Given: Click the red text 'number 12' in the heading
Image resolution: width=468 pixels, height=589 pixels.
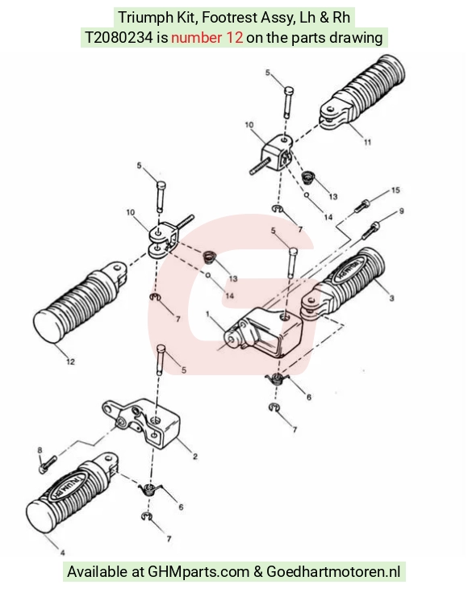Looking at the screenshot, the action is coord(207,38).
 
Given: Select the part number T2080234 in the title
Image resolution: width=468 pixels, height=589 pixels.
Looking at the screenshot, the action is coord(119,38).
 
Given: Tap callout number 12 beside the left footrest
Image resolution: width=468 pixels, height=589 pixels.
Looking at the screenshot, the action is coord(70,361).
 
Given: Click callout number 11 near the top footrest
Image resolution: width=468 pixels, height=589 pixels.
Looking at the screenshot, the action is coord(367,142).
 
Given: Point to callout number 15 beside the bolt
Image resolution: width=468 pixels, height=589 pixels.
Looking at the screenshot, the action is coord(395,190).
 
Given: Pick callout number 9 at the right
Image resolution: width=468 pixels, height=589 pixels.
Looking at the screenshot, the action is coord(402,211).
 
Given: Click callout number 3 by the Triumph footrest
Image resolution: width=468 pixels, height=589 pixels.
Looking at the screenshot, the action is coord(392,299).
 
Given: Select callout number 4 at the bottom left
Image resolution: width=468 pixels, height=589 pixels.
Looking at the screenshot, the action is coord(63,553).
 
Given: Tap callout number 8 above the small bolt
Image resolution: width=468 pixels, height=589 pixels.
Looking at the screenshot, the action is coord(40,450).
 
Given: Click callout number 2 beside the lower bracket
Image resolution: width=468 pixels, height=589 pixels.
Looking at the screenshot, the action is coord(195,457).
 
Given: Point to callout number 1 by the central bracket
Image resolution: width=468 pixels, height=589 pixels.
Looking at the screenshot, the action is coord(207,314).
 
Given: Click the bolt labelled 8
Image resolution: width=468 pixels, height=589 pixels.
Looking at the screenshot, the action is coord(48,464).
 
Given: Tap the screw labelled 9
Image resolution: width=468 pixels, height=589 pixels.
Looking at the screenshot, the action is coord(371,230).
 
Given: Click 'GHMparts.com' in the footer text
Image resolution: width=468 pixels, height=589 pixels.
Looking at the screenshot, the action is coord(198,572).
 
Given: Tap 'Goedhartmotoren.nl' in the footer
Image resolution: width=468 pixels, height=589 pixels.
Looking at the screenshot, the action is coord(333,572).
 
